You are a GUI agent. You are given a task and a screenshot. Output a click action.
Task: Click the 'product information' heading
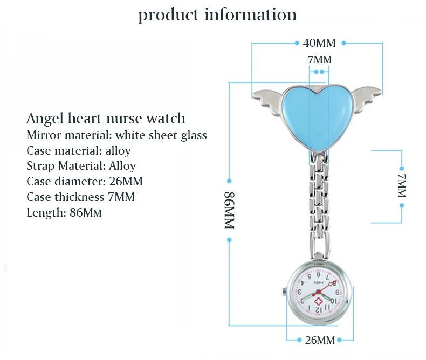pos(217,15)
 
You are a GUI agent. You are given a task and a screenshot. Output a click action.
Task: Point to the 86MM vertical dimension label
pos(229,211)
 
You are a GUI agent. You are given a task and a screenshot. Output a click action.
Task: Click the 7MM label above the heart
pos(319,59)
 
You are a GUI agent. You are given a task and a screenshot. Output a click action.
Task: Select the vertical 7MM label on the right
pos(402,186)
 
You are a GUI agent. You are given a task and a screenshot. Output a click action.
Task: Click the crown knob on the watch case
pos(283,293)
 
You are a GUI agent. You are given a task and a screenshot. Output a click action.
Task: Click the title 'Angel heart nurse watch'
pos(106,119)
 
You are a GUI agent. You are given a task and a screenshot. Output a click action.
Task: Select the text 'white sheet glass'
pos(161,135)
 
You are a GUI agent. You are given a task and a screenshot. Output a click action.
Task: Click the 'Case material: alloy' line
pos(79,150)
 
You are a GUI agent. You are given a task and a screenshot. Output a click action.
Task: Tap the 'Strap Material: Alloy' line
pos(81,166)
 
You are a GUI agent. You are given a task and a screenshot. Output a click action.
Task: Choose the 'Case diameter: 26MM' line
pos(84,182)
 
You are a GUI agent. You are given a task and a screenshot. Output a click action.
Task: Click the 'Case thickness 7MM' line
pos(80,197)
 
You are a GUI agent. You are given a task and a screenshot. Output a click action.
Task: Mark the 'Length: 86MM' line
pos(64,213)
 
